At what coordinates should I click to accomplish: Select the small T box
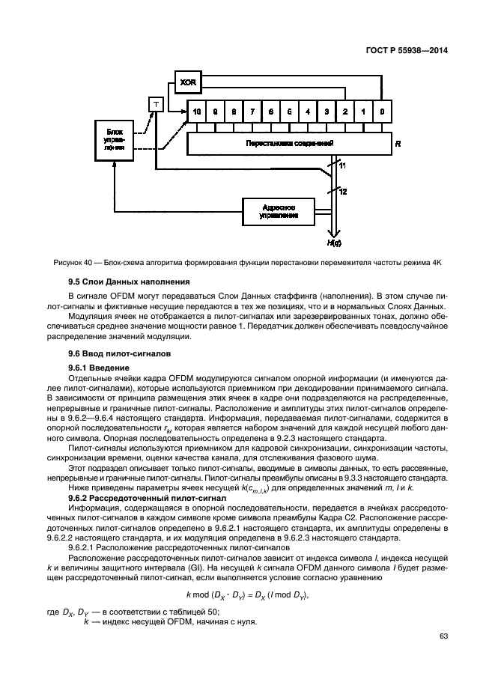tap(156, 104)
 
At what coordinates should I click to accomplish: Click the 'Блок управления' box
tap(114, 139)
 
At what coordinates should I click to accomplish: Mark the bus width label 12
tap(343, 192)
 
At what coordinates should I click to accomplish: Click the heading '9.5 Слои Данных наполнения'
tap(121, 281)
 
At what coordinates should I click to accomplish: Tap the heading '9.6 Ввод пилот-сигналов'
tap(113, 352)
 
